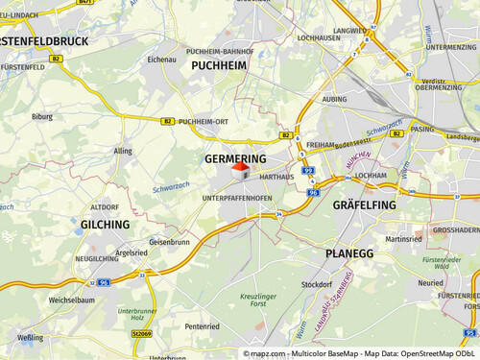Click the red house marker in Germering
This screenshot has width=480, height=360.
[x=240, y=170]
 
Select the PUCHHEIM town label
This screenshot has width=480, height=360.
[x=219, y=65]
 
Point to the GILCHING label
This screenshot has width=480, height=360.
[x=104, y=224]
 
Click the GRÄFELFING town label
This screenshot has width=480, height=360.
[x=364, y=205]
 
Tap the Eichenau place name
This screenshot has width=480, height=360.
[x=161, y=60]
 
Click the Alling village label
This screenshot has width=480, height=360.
[x=123, y=151]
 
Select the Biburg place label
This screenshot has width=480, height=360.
[x=42, y=116]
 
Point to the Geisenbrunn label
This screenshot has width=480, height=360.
[x=169, y=242]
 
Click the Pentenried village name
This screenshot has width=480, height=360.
[x=203, y=326]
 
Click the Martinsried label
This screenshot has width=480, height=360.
[x=403, y=239]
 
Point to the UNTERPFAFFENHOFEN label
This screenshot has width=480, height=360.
[x=237, y=198]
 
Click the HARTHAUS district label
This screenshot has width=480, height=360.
[x=276, y=178]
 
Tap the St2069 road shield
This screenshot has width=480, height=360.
[x=141, y=333]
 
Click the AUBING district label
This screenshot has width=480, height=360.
[x=335, y=99]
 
